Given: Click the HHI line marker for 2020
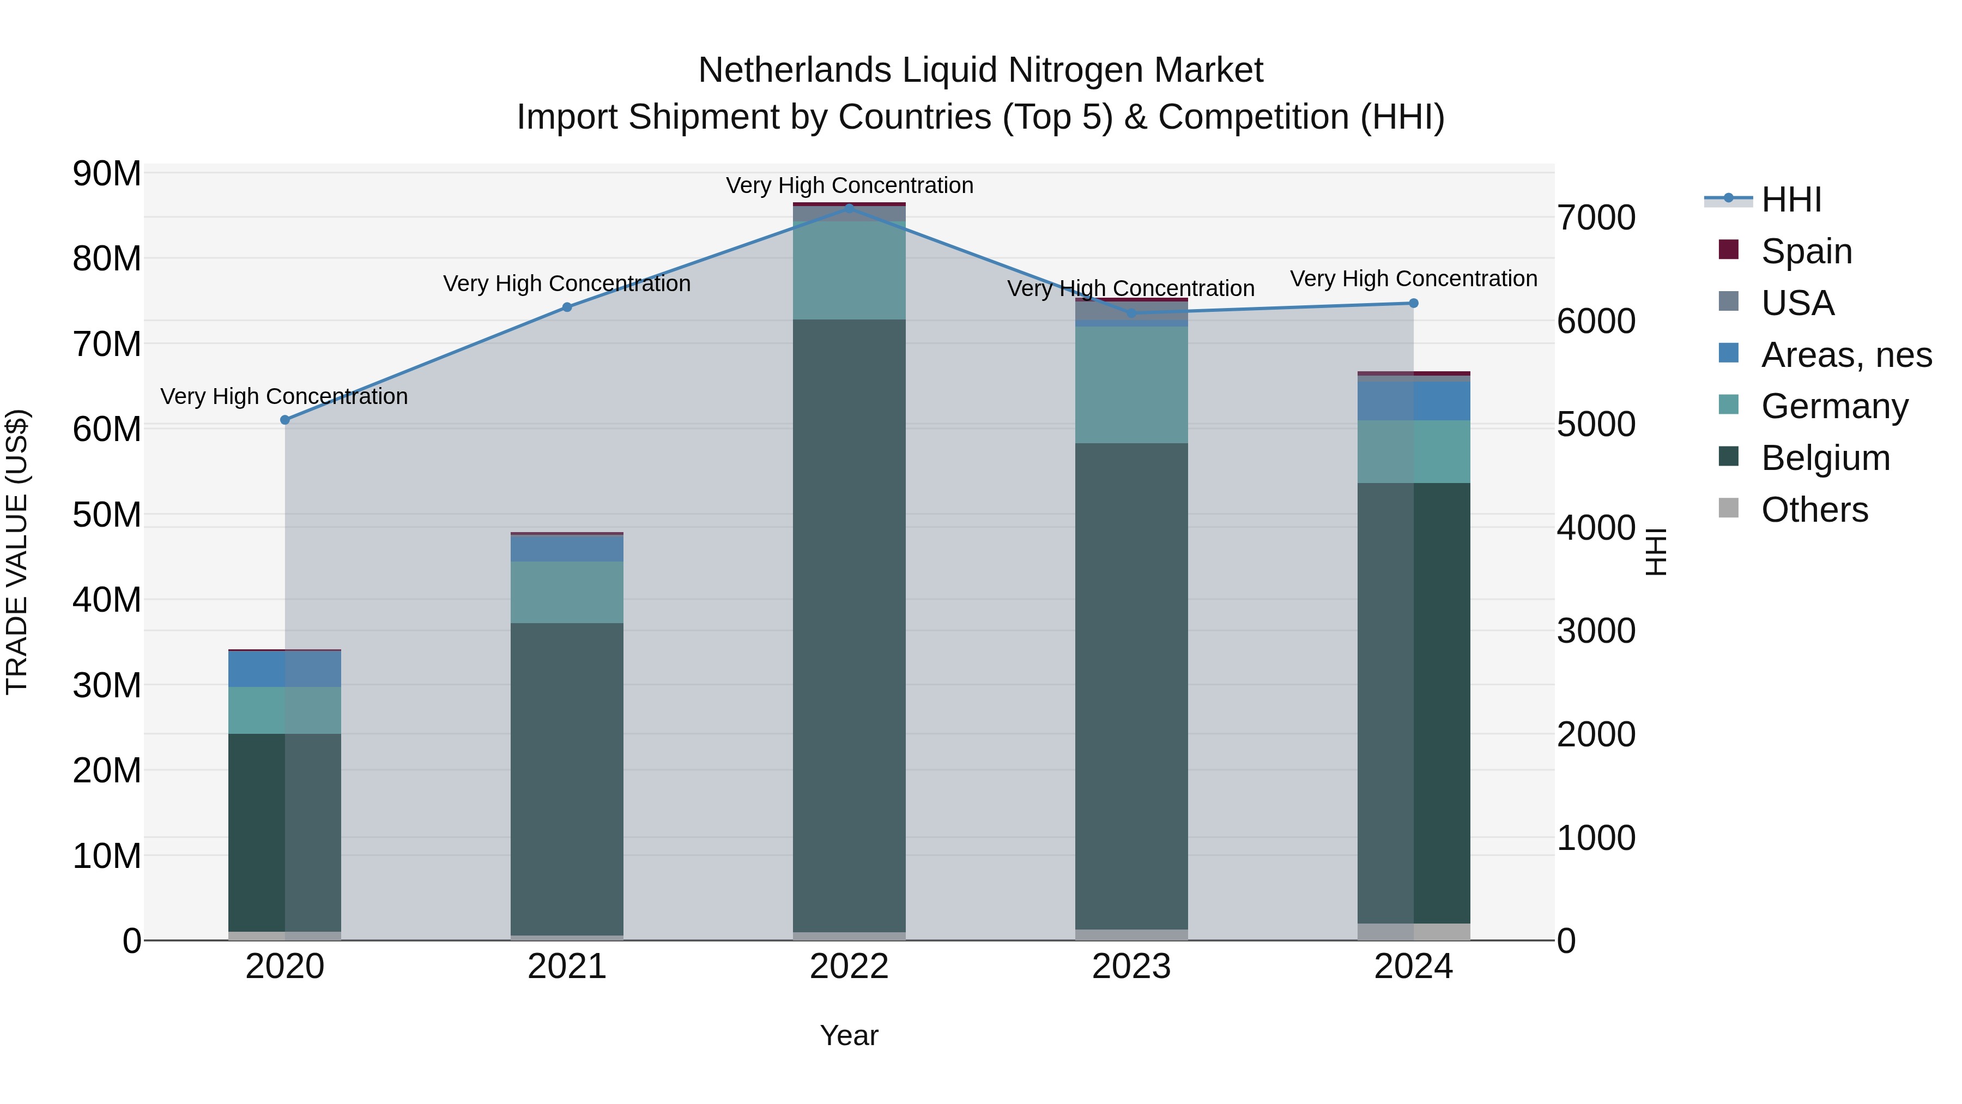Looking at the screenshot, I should [x=285, y=420].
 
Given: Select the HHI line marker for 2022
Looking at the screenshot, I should [x=849, y=208].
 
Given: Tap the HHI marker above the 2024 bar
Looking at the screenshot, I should [x=1414, y=303].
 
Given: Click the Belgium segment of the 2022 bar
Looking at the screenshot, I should [x=849, y=625].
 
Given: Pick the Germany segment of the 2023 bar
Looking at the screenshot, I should [x=1131, y=385].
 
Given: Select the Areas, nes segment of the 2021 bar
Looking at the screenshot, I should [x=567, y=548].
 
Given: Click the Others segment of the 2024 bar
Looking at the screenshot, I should [x=1414, y=931].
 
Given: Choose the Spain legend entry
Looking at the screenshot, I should [x=1806, y=251].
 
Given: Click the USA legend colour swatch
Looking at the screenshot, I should [x=1729, y=301].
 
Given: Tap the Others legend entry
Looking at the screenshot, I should [x=1814, y=510].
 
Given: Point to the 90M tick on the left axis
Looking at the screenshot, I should [x=107, y=174].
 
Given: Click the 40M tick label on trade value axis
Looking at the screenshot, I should [x=107, y=600].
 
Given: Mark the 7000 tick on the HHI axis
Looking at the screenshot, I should [x=1596, y=218].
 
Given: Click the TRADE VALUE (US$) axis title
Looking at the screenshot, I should [x=17, y=552].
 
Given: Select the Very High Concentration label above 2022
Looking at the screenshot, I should [x=849, y=185].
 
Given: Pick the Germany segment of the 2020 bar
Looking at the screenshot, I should [x=285, y=710].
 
